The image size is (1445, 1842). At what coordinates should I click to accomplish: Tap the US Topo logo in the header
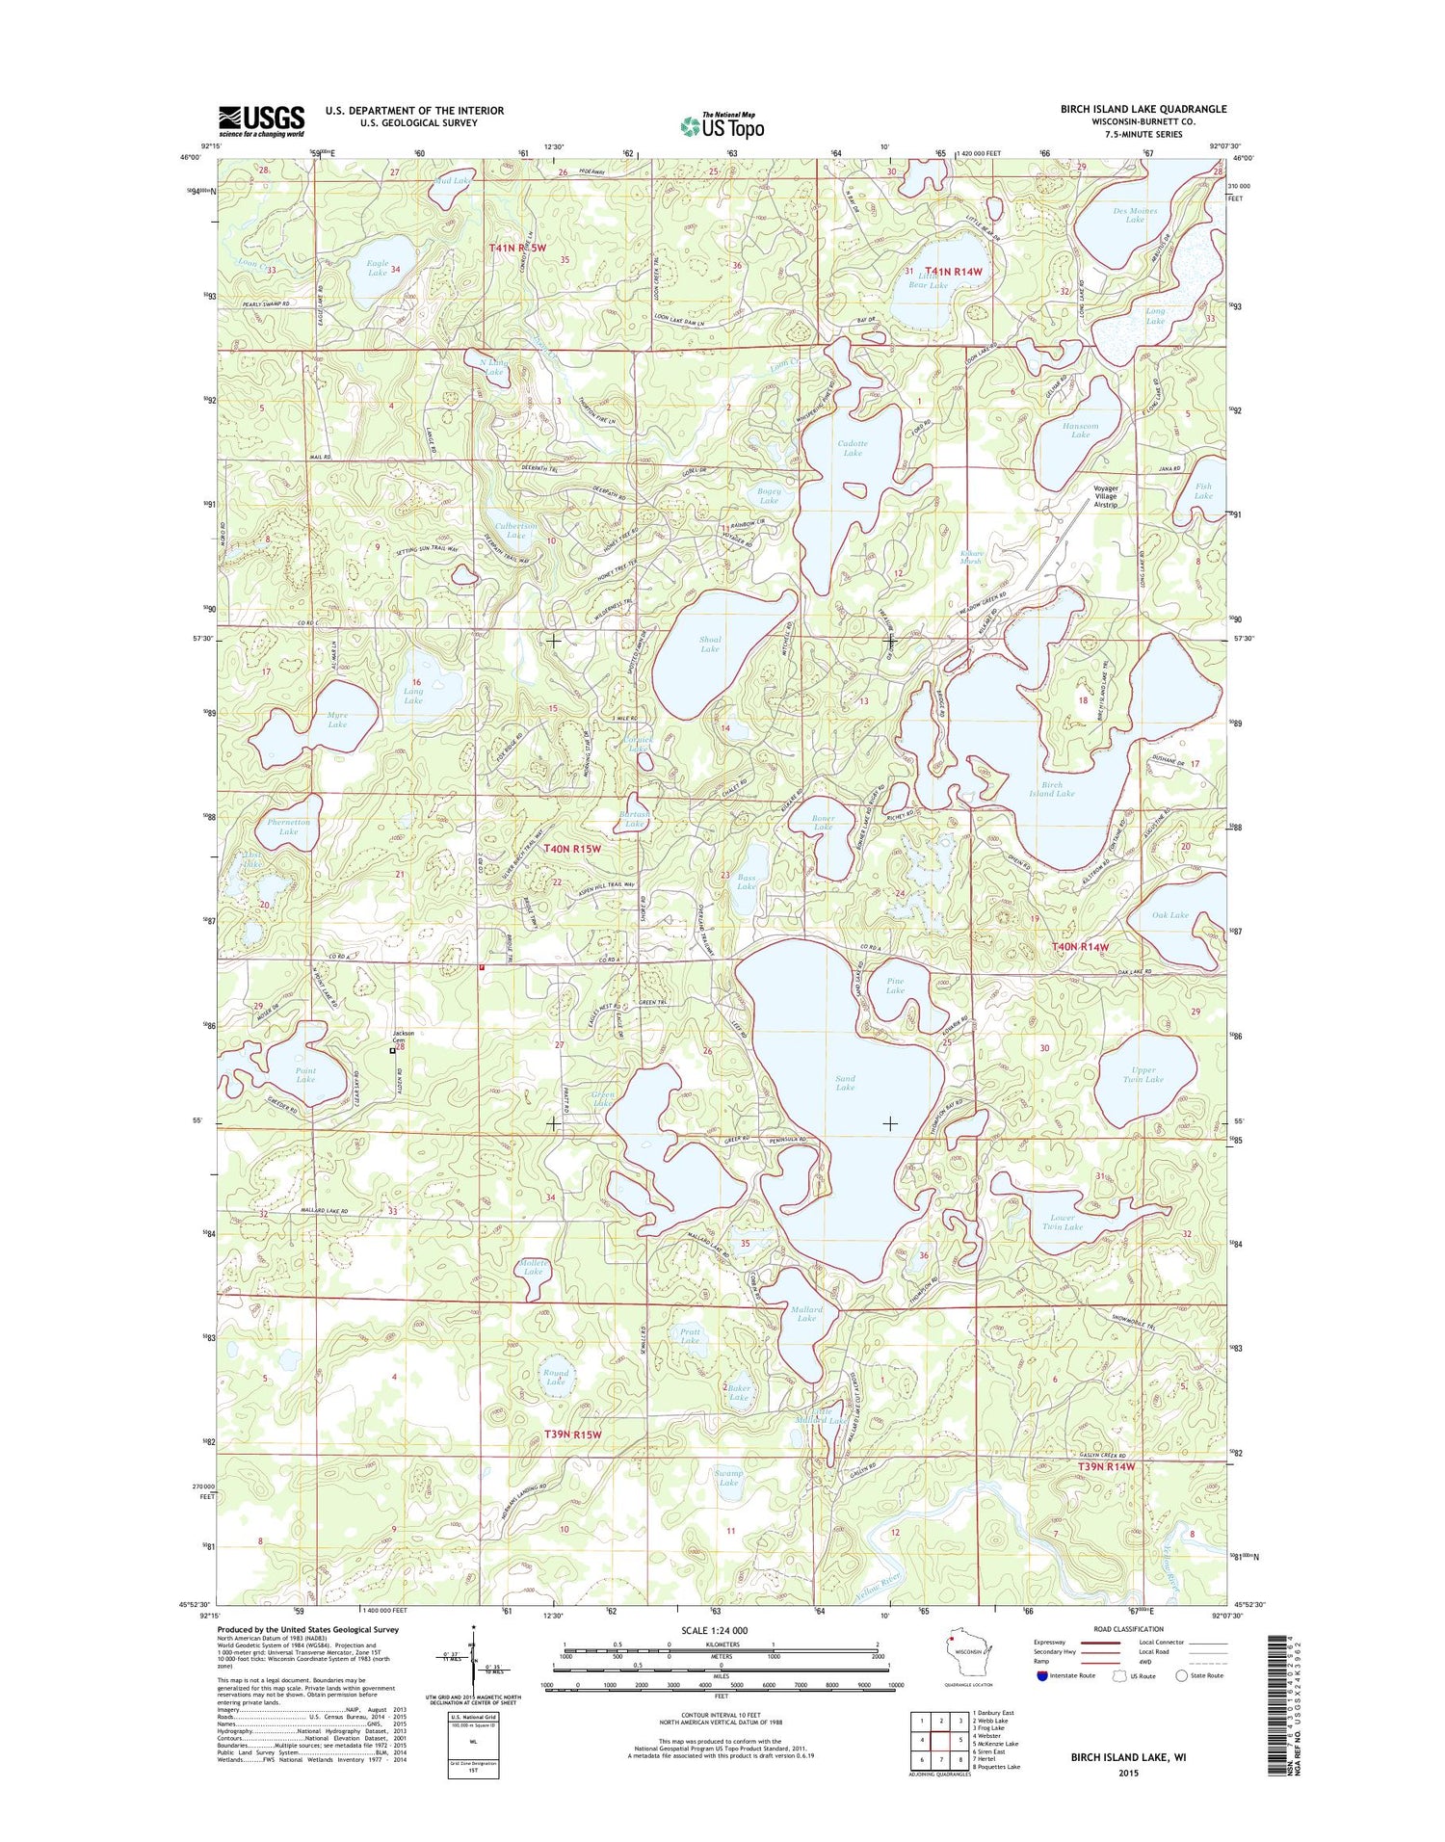pyautogui.click(x=722, y=125)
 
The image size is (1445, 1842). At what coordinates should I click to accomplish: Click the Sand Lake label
pyautogui.click(x=845, y=1083)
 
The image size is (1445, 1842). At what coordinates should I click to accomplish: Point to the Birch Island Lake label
pyautogui.click(x=1051, y=789)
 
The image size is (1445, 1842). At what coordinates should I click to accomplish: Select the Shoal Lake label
pyautogui.click(x=710, y=644)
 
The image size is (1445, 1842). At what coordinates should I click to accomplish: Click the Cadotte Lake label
pyautogui.click(x=852, y=448)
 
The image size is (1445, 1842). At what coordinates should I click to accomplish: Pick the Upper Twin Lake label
pyautogui.click(x=1143, y=1074)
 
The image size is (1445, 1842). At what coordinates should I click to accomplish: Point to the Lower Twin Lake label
pyautogui.click(x=1063, y=1222)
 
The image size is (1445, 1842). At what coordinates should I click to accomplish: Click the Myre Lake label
pyautogui.click(x=337, y=720)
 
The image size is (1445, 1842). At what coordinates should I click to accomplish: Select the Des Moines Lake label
pyautogui.click(x=1135, y=215)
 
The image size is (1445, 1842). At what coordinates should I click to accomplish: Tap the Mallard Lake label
pyautogui.click(x=806, y=1314)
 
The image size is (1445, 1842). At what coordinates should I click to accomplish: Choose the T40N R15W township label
pyautogui.click(x=572, y=849)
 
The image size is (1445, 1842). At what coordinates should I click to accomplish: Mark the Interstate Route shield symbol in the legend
pyautogui.click(x=1043, y=1675)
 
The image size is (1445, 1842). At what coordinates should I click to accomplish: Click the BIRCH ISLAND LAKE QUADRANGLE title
pyautogui.click(x=1143, y=109)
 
